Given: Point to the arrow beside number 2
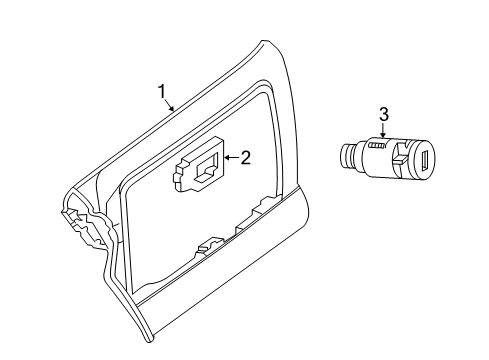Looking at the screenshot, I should pos(232,156).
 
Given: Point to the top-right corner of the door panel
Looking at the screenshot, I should pos(266,45).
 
